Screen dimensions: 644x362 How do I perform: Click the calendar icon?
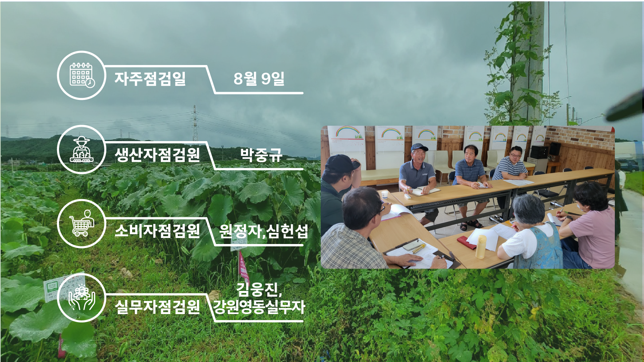pyautogui.click(x=82, y=75)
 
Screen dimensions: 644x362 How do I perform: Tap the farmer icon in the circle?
pyautogui.click(x=82, y=149)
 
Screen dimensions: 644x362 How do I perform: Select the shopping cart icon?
pyautogui.click(x=82, y=223)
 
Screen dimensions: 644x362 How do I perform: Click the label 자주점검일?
pyautogui.click(x=150, y=79)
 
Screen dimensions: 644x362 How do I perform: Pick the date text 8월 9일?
pyautogui.click(x=259, y=79)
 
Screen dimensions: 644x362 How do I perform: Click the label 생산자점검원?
pyautogui.click(x=157, y=155)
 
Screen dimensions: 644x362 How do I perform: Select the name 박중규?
pyautogui.click(x=261, y=155)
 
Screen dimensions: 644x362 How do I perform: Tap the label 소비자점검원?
pyautogui.click(x=157, y=231)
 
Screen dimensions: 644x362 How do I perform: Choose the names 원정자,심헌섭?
pyautogui.click(x=264, y=231)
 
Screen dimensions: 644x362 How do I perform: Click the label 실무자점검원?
pyautogui.click(x=157, y=307)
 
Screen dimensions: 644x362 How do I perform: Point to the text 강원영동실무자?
pyautogui.click(x=259, y=307)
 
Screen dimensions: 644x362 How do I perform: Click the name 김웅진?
pyautogui.click(x=257, y=290)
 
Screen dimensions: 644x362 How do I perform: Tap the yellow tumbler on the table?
pyautogui.click(x=481, y=247)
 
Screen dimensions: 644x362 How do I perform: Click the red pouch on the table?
pyautogui.click(x=466, y=243)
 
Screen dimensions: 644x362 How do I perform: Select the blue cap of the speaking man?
pyautogui.click(x=419, y=147)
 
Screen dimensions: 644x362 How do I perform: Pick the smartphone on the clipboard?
pyautogui.click(x=412, y=245)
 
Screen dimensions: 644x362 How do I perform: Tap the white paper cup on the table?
pyautogui.click(x=385, y=194)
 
